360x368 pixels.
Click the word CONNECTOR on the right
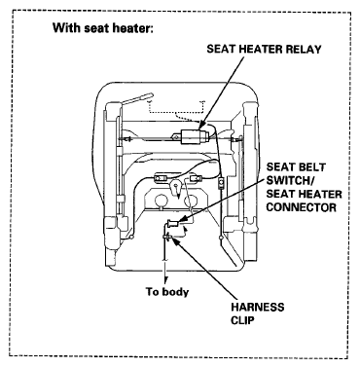click(x=302, y=207)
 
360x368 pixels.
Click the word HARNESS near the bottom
click(x=258, y=307)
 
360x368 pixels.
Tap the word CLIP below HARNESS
click(x=242, y=320)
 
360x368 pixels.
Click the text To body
click(x=167, y=292)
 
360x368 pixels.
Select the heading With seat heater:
click(x=102, y=28)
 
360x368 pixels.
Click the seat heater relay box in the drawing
click(x=192, y=137)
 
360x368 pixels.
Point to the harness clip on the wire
click(x=167, y=239)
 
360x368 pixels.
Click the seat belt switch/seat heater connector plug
click(x=174, y=224)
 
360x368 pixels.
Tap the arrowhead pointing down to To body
click(x=166, y=280)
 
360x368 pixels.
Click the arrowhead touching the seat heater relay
click(x=200, y=124)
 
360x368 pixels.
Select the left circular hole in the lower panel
click(x=161, y=202)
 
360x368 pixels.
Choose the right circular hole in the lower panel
click(x=191, y=202)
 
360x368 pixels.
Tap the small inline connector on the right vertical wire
click(x=221, y=184)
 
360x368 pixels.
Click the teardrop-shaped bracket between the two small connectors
click(x=176, y=188)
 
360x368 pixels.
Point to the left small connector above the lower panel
click(x=160, y=177)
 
